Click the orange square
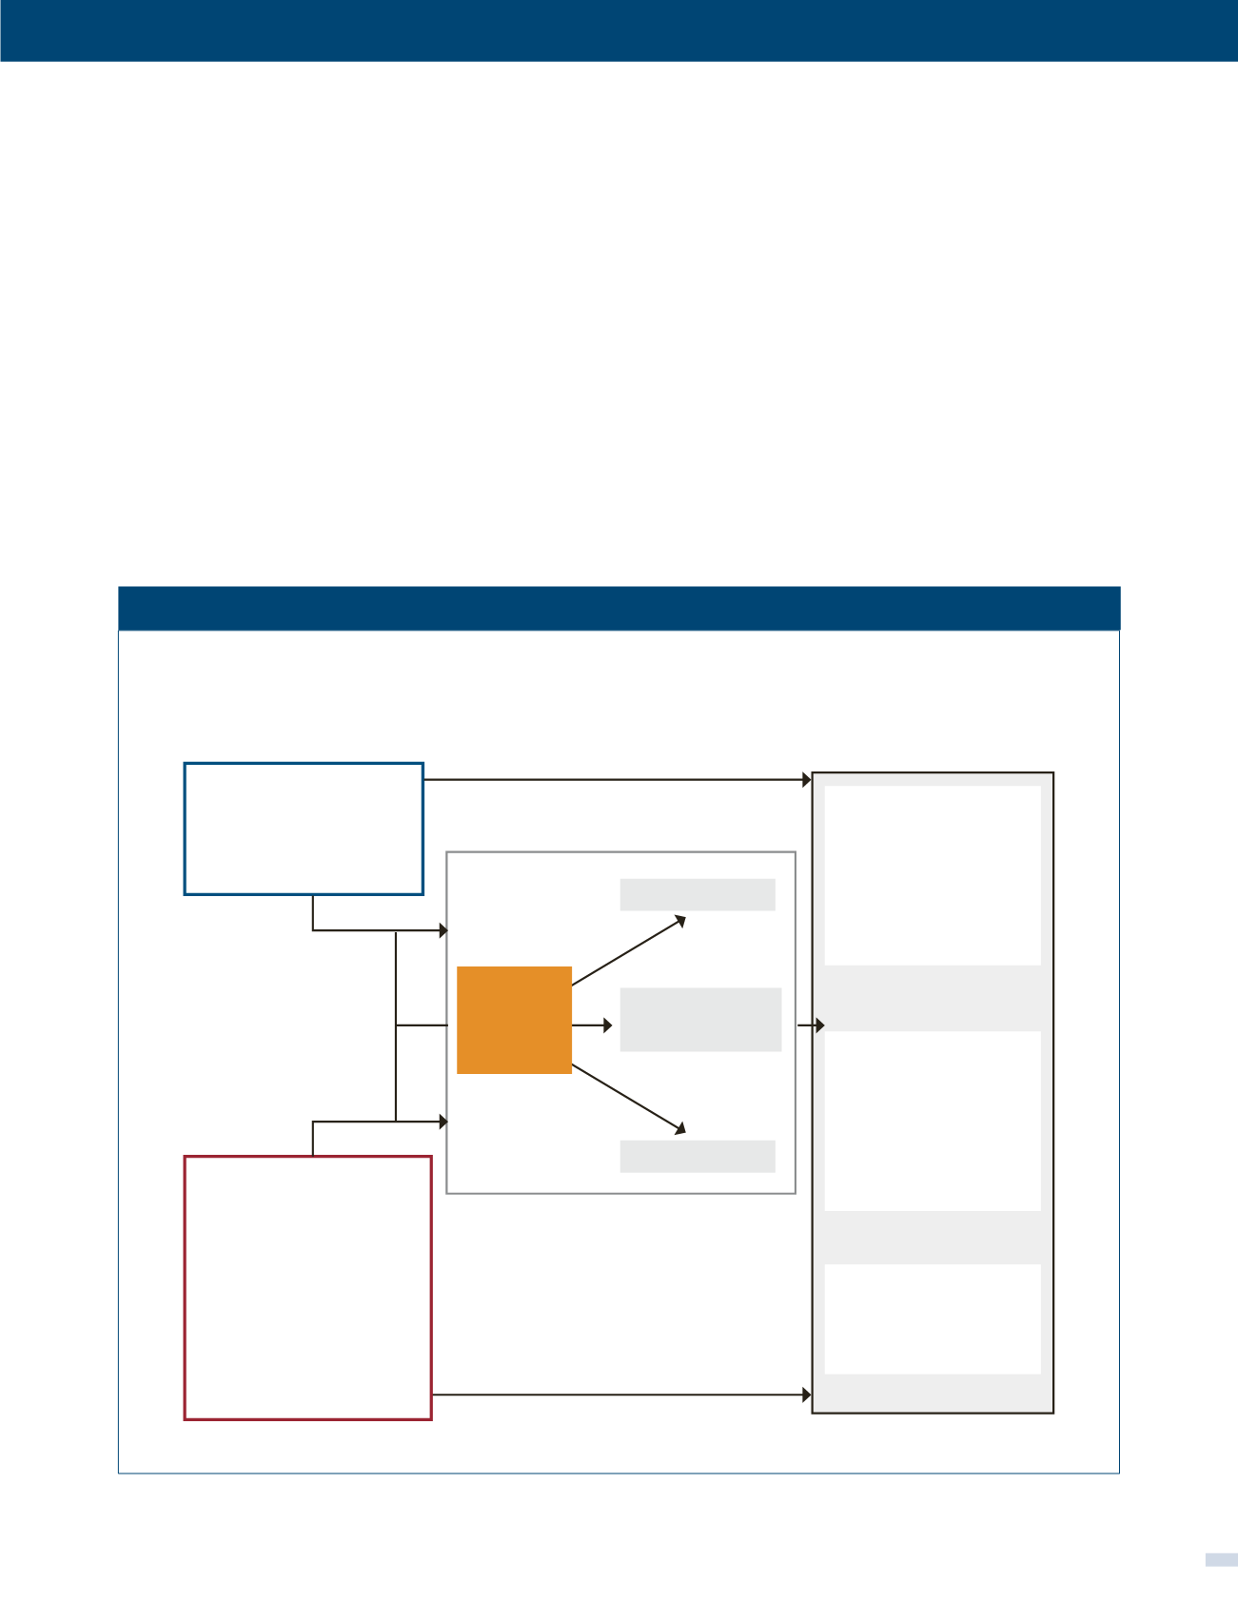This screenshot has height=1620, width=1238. pyautogui.click(x=514, y=1020)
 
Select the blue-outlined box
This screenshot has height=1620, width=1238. pyautogui.click(x=304, y=829)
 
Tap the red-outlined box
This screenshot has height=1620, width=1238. pyautogui.click(x=307, y=1287)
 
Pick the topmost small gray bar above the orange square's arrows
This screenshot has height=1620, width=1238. pyautogui.click(x=698, y=894)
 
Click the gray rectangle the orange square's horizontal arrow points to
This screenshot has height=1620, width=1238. pyautogui.click(x=700, y=1019)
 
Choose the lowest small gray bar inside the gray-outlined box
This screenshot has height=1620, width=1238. pyautogui.click(x=698, y=1156)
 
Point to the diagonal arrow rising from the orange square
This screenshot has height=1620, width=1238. pyautogui.click(x=628, y=950)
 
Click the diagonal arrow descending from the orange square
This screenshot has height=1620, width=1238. pyautogui.click(x=628, y=1098)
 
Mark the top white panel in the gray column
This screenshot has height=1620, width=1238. pyautogui.click(x=932, y=875)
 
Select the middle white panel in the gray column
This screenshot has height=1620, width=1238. pyautogui.click(x=932, y=1121)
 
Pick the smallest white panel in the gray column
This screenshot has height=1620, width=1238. pyautogui.click(x=932, y=1318)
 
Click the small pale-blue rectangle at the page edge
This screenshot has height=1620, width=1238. pyautogui.click(x=1221, y=1559)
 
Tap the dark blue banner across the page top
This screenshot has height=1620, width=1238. pyautogui.click(x=619, y=30)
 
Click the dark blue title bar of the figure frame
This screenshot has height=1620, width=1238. pyautogui.click(x=619, y=608)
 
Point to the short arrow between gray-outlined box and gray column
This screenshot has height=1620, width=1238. pyautogui.click(x=810, y=1025)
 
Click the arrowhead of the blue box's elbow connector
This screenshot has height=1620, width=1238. pyautogui.click(x=442, y=930)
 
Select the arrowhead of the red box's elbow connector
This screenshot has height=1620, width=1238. pyautogui.click(x=442, y=1122)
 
